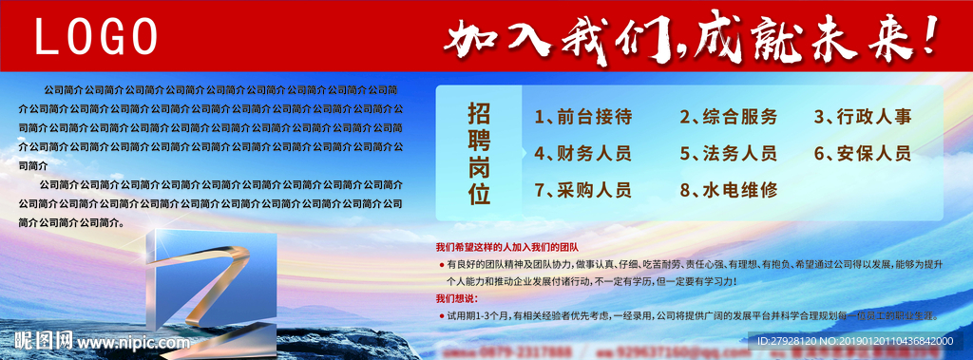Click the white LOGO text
(x=96, y=37)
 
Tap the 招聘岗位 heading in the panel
(x=479, y=154)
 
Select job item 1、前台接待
(x=583, y=118)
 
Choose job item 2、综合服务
(x=729, y=118)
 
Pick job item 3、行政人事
(x=863, y=118)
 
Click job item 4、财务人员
(x=583, y=154)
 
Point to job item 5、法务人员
(x=729, y=154)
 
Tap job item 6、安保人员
(x=863, y=154)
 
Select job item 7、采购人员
(x=583, y=190)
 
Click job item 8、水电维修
(x=729, y=190)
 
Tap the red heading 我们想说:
(x=457, y=298)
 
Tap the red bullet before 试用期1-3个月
(x=441, y=314)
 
